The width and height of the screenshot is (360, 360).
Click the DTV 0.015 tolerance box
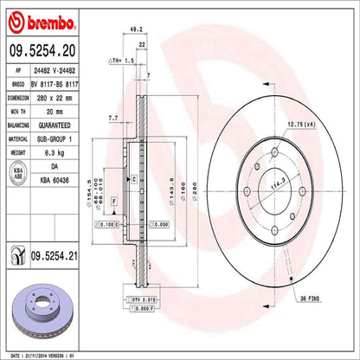click(x=141, y=299)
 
